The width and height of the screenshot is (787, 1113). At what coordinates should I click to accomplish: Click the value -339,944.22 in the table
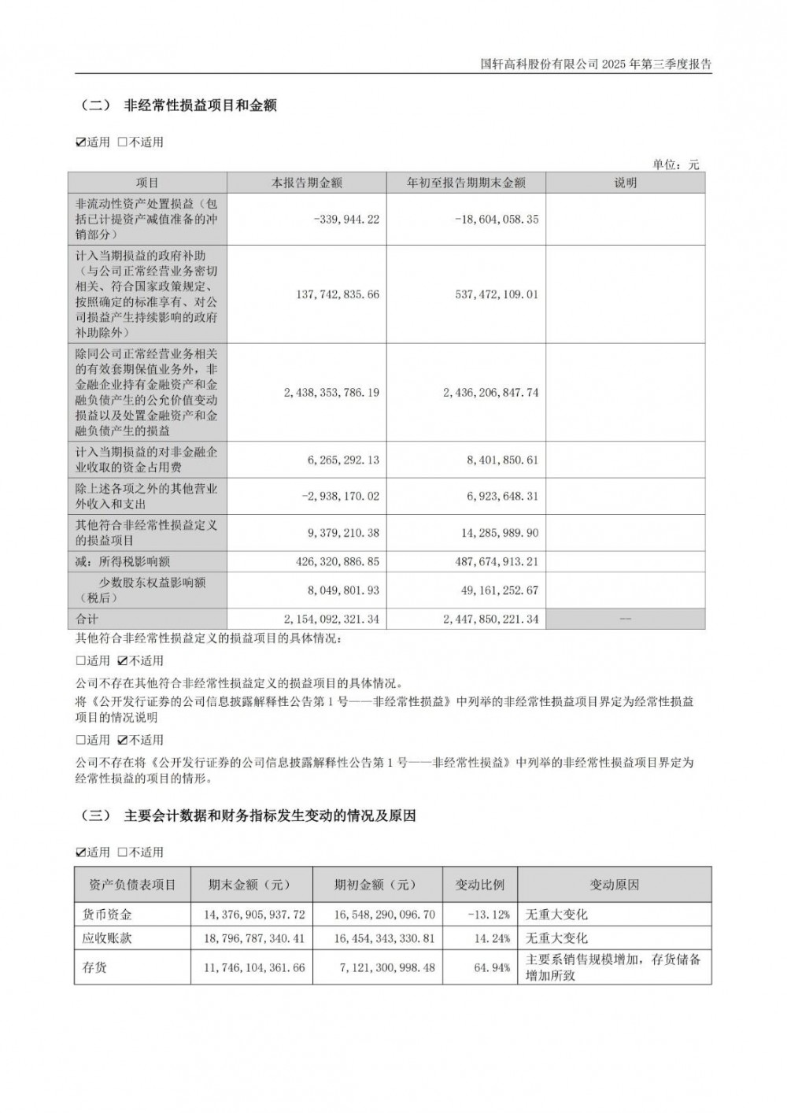click(345, 220)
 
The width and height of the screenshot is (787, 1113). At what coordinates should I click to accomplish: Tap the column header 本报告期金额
click(307, 183)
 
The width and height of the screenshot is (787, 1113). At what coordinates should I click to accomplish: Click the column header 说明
click(626, 183)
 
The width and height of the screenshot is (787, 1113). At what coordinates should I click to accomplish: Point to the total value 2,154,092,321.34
click(331, 619)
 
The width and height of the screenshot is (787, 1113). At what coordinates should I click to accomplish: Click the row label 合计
click(87, 619)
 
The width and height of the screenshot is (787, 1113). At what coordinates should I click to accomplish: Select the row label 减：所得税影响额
click(123, 562)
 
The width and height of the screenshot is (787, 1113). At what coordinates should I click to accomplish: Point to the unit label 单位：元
click(675, 165)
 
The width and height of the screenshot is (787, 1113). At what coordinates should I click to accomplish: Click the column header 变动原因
click(615, 885)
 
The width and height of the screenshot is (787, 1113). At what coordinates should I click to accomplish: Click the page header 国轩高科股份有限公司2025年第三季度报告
click(596, 65)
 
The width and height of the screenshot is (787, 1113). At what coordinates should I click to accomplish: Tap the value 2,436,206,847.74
click(489, 392)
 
